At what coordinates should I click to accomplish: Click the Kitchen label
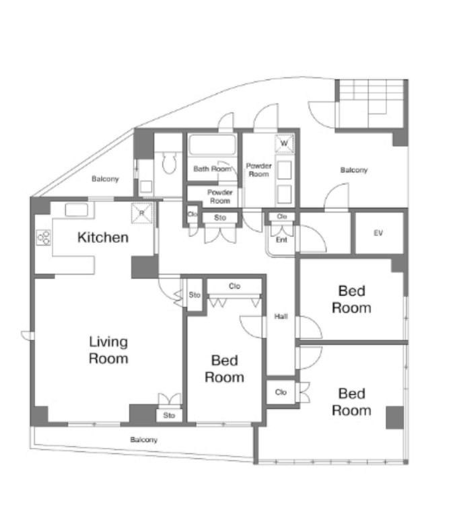point(103,237)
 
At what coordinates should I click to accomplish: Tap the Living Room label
point(108,350)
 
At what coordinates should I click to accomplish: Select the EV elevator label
point(378,233)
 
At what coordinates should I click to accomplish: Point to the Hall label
point(281,316)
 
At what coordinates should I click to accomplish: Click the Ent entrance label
point(281,239)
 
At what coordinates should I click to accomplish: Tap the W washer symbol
point(284,143)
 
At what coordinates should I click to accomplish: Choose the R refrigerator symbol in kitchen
point(142,213)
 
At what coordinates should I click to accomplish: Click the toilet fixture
point(170,163)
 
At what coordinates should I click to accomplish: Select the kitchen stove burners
point(44,237)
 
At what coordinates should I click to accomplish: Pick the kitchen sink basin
point(76,210)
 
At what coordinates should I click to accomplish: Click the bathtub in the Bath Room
point(212,145)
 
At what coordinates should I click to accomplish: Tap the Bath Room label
point(212,169)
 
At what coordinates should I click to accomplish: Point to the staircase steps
point(370,104)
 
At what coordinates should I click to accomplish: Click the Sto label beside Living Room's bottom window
point(169,415)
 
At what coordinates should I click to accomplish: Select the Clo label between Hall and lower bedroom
point(281,392)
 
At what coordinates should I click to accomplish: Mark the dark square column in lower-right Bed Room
point(394,417)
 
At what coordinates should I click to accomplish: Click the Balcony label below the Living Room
point(143,440)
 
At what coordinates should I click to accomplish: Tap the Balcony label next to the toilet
point(105,179)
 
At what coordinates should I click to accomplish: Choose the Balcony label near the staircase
point(354,170)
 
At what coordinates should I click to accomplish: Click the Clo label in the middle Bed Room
point(234,286)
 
